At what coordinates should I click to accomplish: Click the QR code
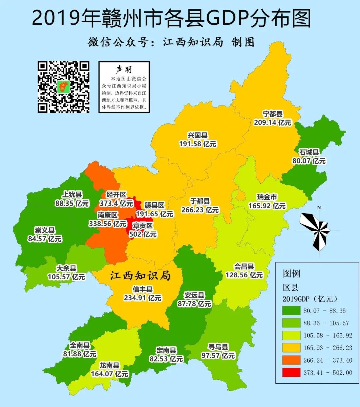click(63, 87)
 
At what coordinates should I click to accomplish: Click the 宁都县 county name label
click(272, 114)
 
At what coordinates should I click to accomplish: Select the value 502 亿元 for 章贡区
click(143, 234)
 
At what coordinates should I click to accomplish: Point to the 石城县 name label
click(309, 152)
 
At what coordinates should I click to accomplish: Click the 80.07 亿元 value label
click(309, 161)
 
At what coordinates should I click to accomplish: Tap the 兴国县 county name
click(197, 135)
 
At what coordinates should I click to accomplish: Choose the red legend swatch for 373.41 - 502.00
click(291, 373)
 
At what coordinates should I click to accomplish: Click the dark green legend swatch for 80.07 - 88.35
click(291, 311)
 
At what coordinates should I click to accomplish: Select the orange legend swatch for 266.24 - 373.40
click(291, 360)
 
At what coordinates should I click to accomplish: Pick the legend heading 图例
click(291, 274)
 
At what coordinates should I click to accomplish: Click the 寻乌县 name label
click(218, 347)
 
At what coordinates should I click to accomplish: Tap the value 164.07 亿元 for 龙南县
click(109, 374)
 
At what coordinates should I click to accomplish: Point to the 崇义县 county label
click(45, 230)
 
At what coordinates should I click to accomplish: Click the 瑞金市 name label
click(267, 197)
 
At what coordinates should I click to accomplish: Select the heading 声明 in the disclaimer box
click(124, 69)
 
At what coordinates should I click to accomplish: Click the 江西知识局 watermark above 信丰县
click(140, 276)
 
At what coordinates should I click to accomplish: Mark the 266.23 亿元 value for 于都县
click(200, 210)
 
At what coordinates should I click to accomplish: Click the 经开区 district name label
click(116, 195)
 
